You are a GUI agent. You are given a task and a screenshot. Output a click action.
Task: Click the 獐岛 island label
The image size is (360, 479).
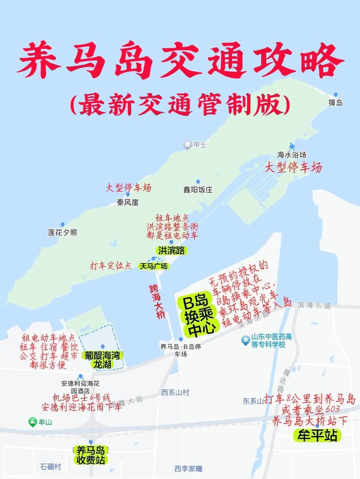coord(336,103)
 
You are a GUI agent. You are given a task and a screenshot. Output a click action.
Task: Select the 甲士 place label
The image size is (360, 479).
coord(200,145)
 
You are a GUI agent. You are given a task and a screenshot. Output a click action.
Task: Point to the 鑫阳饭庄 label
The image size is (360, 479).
coord(198,190)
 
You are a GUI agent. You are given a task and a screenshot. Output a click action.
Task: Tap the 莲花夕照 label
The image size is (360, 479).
coord(63,232)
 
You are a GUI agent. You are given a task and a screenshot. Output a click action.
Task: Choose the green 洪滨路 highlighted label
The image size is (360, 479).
coord(171,250)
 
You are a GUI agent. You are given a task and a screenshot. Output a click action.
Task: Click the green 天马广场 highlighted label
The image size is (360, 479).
coord(153,266)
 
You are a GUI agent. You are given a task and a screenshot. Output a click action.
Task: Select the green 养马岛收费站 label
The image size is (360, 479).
coord(90,454)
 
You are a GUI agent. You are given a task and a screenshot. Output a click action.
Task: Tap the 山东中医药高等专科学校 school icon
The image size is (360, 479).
coord(246,340)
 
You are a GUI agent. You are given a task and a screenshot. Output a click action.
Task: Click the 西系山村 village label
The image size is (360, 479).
coord(175,393)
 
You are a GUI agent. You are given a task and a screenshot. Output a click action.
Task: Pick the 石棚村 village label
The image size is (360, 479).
coord(50,466)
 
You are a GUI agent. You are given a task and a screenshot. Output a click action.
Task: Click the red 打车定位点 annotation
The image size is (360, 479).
coord(111,265)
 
